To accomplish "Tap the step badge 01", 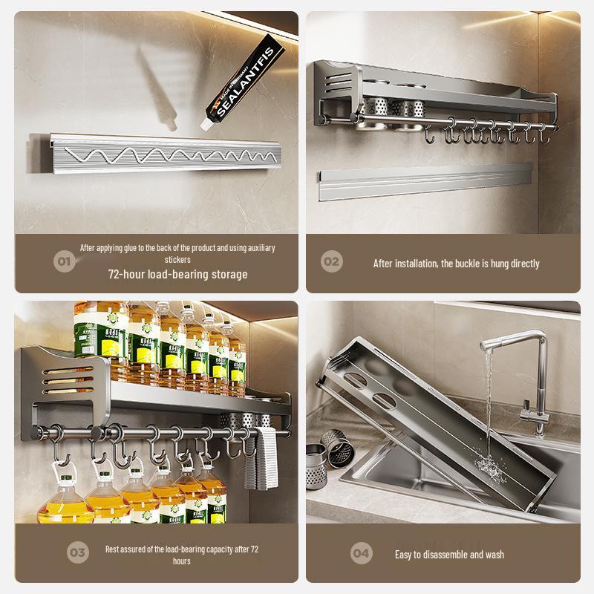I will pyautogui.click(x=65, y=261).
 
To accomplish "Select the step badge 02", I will pyautogui.click(x=331, y=261).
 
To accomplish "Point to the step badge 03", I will pyautogui.click(x=77, y=552).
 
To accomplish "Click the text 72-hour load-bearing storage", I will pyautogui.click(x=177, y=274).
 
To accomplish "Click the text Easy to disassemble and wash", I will pyautogui.click(x=450, y=555).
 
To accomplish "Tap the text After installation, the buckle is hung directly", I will pyautogui.click(x=456, y=263).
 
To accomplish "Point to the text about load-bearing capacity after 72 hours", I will pyautogui.click(x=182, y=555).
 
